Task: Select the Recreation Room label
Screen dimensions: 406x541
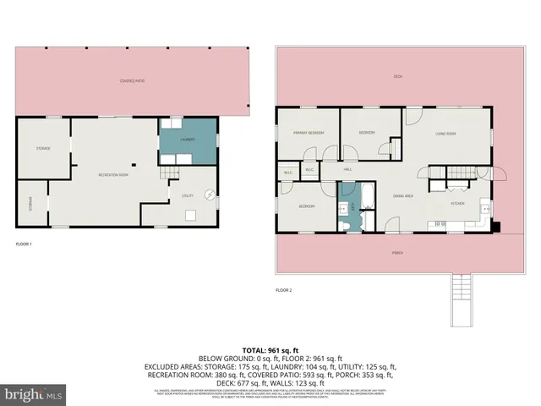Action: tap(112, 174)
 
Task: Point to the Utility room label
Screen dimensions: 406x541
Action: tap(187, 195)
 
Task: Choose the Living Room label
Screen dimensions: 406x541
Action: tap(445, 134)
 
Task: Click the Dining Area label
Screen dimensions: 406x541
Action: tap(402, 196)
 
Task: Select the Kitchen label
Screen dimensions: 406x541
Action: tap(456, 204)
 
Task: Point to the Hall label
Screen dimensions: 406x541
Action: tap(347, 169)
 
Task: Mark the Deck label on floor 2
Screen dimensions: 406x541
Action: tap(396, 77)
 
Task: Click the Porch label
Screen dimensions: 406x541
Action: tap(396, 253)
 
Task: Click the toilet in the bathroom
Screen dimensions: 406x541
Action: tap(346, 223)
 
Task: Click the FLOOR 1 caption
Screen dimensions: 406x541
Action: tap(24, 244)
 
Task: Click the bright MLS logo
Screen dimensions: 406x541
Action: tap(34, 394)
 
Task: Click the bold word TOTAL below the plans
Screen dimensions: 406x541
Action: tap(254, 349)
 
